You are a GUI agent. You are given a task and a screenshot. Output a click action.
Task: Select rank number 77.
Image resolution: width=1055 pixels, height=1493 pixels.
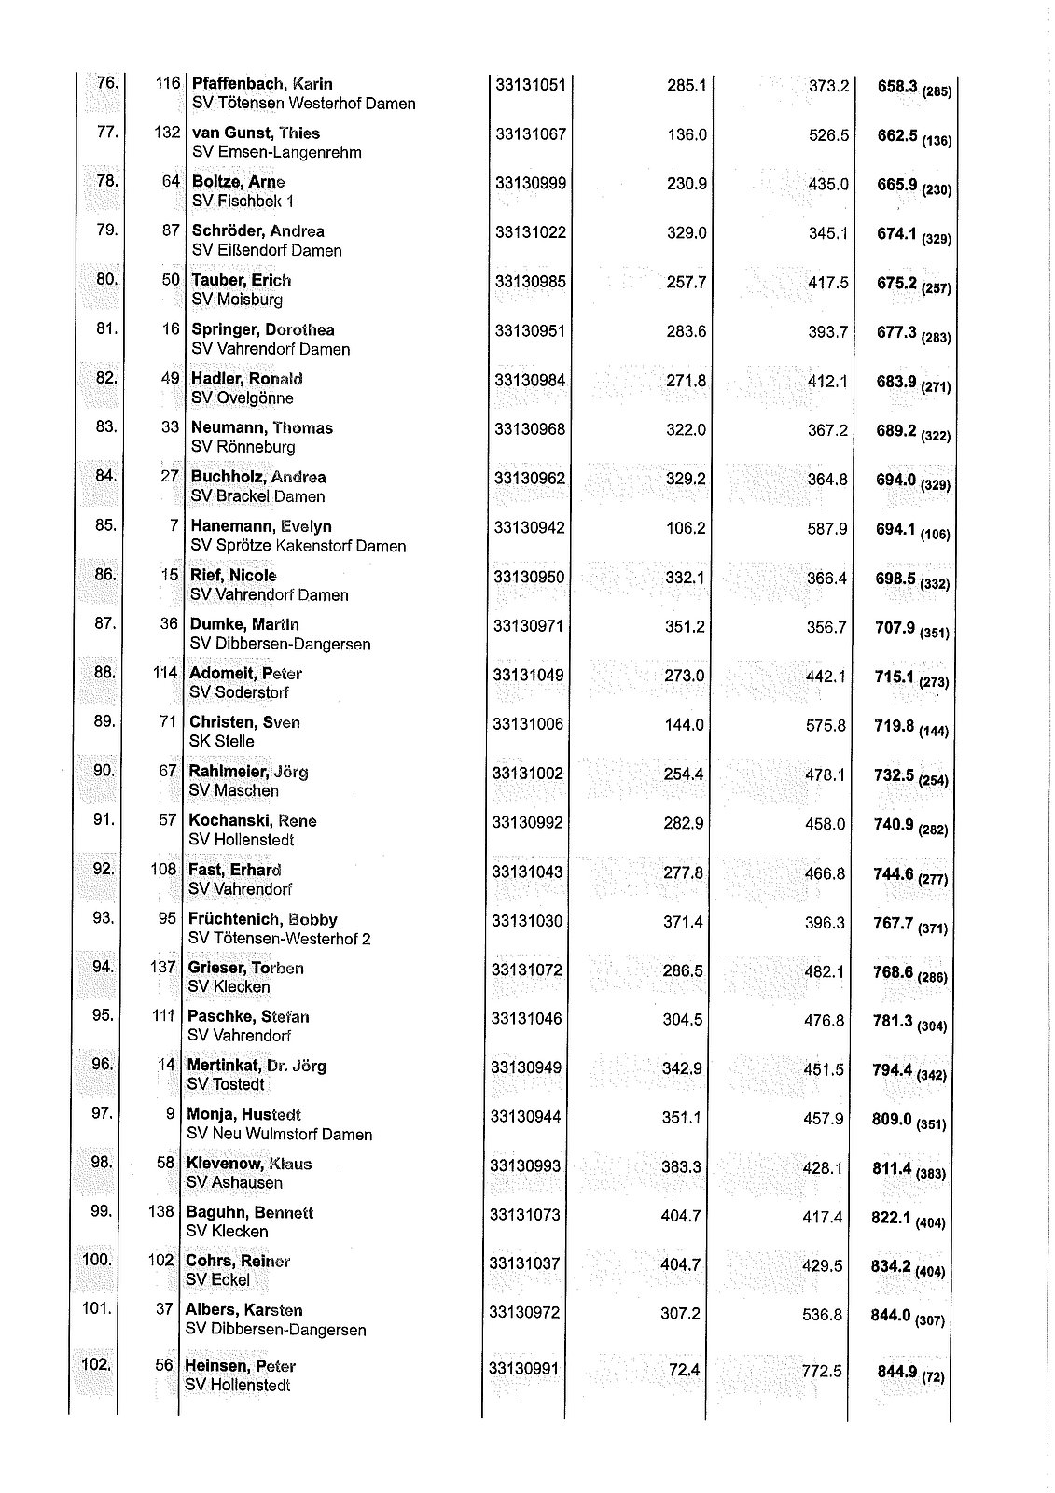click(x=107, y=132)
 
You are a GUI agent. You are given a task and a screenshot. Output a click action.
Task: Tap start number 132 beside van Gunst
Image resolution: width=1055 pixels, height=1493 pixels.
click(x=166, y=133)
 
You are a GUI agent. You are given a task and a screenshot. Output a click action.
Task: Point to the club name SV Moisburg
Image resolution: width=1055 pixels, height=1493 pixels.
click(x=237, y=300)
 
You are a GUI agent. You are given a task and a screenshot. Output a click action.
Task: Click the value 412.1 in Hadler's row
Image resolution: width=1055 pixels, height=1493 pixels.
click(x=828, y=381)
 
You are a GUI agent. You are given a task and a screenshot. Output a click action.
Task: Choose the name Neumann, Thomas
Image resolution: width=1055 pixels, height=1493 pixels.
click(x=262, y=428)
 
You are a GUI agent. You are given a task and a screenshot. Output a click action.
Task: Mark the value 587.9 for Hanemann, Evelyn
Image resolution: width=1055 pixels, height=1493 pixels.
click(x=827, y=529)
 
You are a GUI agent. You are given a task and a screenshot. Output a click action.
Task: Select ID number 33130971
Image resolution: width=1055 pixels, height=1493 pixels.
click(x=529, y=625)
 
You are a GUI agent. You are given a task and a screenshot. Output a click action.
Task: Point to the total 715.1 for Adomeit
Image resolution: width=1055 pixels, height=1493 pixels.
click(x=894, y=677)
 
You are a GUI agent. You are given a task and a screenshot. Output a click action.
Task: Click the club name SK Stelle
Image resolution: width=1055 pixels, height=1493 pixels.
click(x=221, y=742)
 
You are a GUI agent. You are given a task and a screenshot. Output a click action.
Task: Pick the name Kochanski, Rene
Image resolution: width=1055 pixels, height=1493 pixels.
click(x=253, y=821)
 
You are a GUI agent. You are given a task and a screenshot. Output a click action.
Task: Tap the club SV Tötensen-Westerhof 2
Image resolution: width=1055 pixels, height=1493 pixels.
click(x=280, y=939)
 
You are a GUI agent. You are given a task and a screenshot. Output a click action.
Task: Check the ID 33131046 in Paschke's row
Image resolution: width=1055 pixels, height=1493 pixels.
click(x=527, y=1018)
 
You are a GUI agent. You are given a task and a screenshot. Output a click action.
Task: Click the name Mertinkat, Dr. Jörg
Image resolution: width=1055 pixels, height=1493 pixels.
click(x=257, y=1066)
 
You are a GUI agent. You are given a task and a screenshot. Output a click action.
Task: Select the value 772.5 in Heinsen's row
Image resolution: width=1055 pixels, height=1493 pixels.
click(x=822, y=1371)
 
